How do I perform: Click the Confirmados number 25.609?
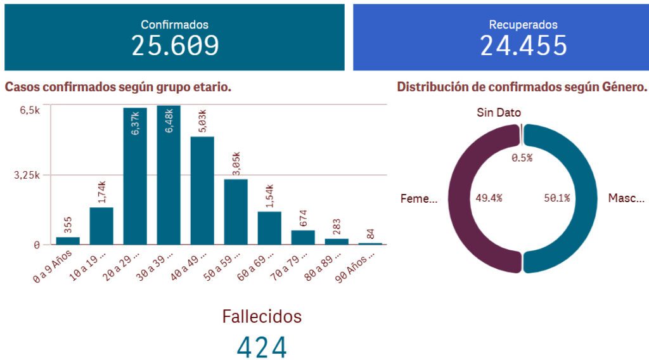pyautogui.click(x=175, y=46)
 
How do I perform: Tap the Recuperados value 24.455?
pyautogui.click(x=523, y=46)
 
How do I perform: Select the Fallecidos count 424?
pyautogui.click(x=262, y=347)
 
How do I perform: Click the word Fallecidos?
pyautogui.click(x=262, y=316)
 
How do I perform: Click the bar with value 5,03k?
pyautogui.click(x=202, y=190)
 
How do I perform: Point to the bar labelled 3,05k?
pyautogui.click(x=236, y=212)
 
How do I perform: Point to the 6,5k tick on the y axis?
pyautogui.click(x=29, y=110)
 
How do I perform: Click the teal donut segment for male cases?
pyautogui.click(x=584, y=198)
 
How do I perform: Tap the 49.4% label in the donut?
pyautogui.click(x=489, y=198)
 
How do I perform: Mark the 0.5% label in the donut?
pyautogui.click(x=522, y=158)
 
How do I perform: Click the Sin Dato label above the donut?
pyautogui.click(x=499, y=113)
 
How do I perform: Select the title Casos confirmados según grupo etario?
pyautogui.click(x=118, y=87)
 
